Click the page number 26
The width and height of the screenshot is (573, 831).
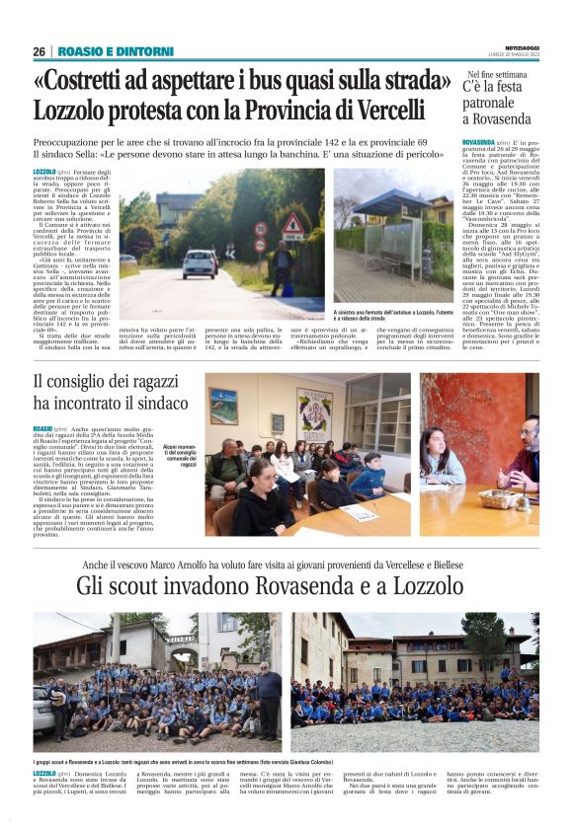pyautogui.click(x=39, y=51)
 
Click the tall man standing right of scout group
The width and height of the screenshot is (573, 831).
pyautogui.click(x=268, y=701)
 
